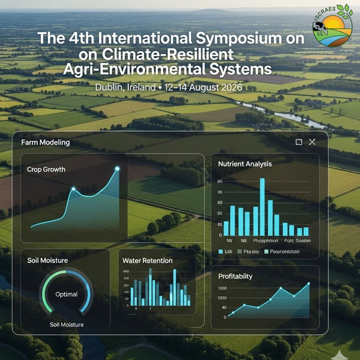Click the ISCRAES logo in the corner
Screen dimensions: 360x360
[333, 26]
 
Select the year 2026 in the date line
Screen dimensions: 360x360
[222, 87]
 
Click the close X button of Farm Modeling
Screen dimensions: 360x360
[312, 142]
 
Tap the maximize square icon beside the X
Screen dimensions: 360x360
[299, 142]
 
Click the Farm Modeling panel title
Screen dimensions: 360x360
[45, 142]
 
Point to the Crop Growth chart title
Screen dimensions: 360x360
[46, 169]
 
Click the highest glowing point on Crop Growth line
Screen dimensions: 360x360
[117, 169]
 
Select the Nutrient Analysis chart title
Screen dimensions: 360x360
[245, 164]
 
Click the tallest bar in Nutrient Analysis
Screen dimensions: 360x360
[262, 207]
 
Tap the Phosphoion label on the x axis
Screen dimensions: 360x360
[265, 241]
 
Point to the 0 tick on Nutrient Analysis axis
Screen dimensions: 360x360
[220, 236]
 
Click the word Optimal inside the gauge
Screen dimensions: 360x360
[66, 294]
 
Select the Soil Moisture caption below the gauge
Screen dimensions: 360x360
[67, 324]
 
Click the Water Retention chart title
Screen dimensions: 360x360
[147, 261]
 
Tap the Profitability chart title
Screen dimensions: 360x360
[235, 276]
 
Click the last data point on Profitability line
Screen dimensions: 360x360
[308, 284]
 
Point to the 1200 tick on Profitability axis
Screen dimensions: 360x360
[222, 288]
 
